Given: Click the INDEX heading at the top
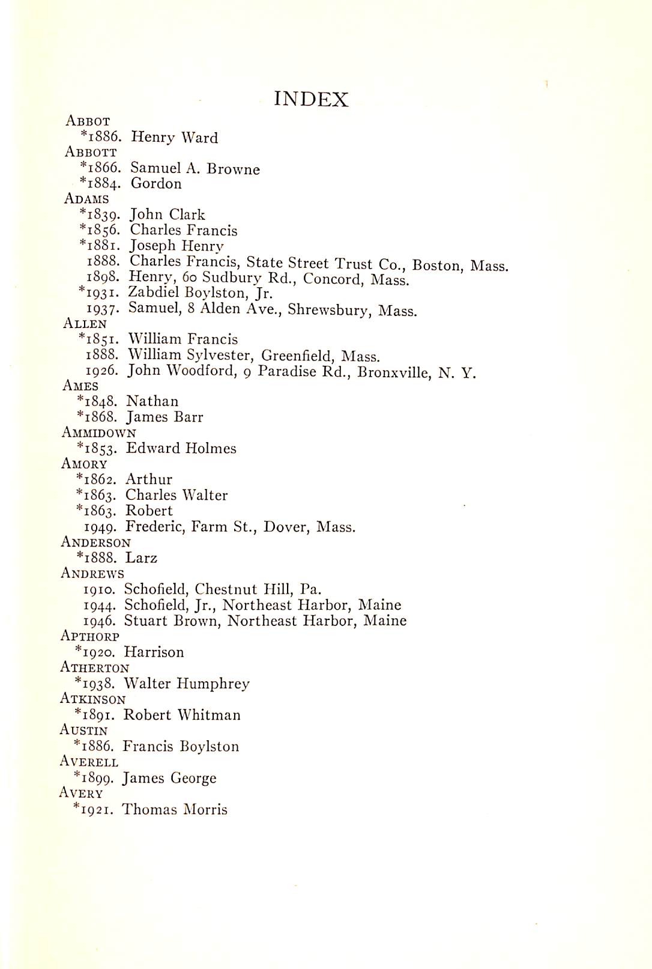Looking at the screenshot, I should (311, 99).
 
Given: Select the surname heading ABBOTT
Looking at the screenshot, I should (91, 152).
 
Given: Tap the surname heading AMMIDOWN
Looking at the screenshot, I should (98, 433).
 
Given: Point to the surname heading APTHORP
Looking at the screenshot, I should (90, 636).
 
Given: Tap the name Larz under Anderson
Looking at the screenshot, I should (141, 558).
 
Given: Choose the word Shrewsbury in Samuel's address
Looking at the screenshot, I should (328, 310).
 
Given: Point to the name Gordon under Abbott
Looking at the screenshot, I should (156, 184).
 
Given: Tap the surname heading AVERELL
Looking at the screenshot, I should (89, 762).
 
